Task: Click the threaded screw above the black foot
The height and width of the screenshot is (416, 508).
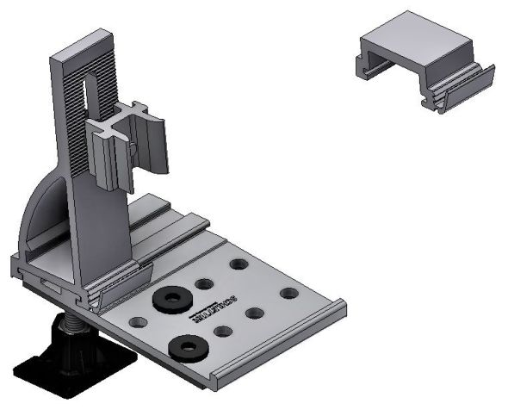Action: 75,323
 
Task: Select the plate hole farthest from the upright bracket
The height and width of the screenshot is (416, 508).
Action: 289,294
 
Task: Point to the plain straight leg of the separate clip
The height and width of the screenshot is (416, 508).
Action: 360,65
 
